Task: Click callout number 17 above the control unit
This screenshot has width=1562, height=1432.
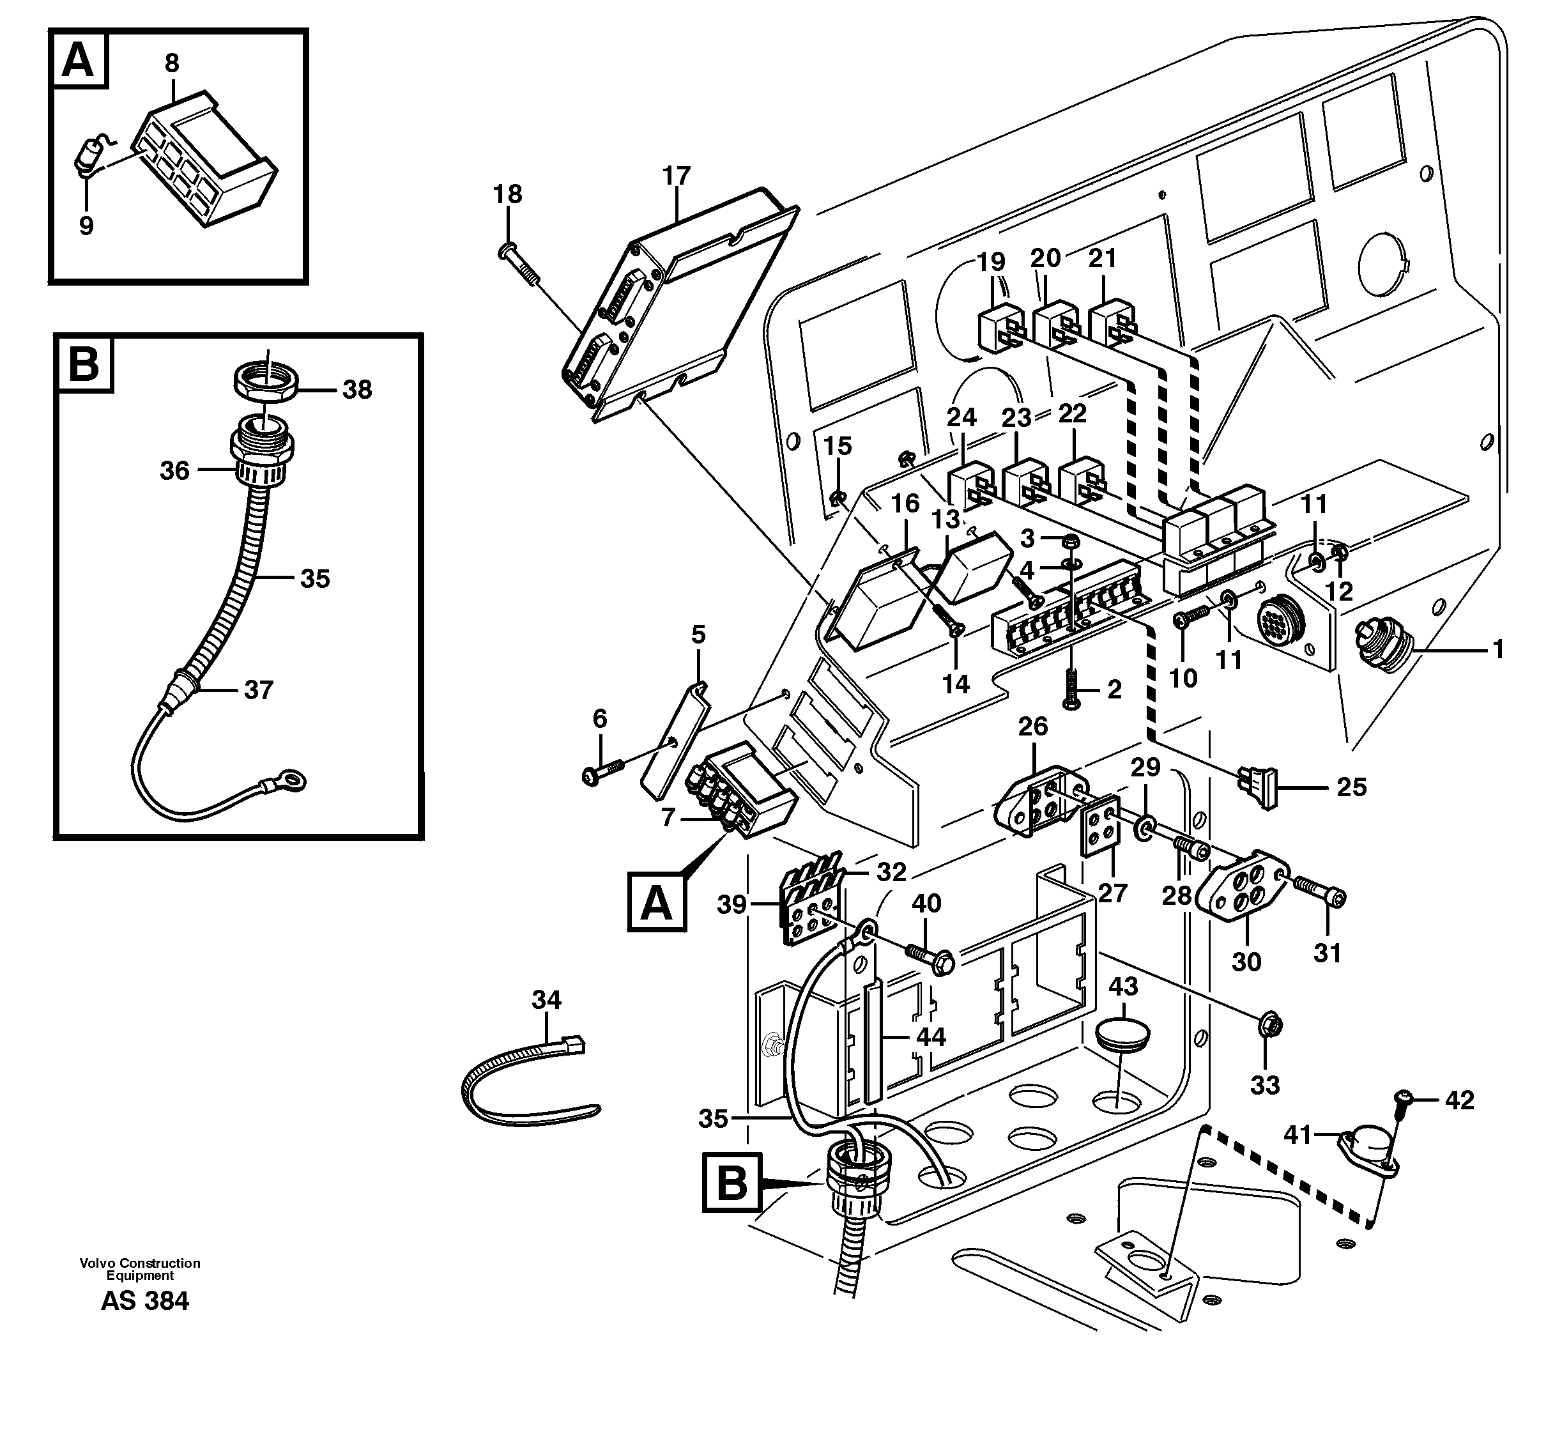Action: [677, 176]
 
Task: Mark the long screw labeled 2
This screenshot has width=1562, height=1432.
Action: [1071, 686]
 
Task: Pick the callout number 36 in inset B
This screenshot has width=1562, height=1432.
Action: [174, 470]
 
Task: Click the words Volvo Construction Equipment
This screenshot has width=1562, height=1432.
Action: [141, 1268]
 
